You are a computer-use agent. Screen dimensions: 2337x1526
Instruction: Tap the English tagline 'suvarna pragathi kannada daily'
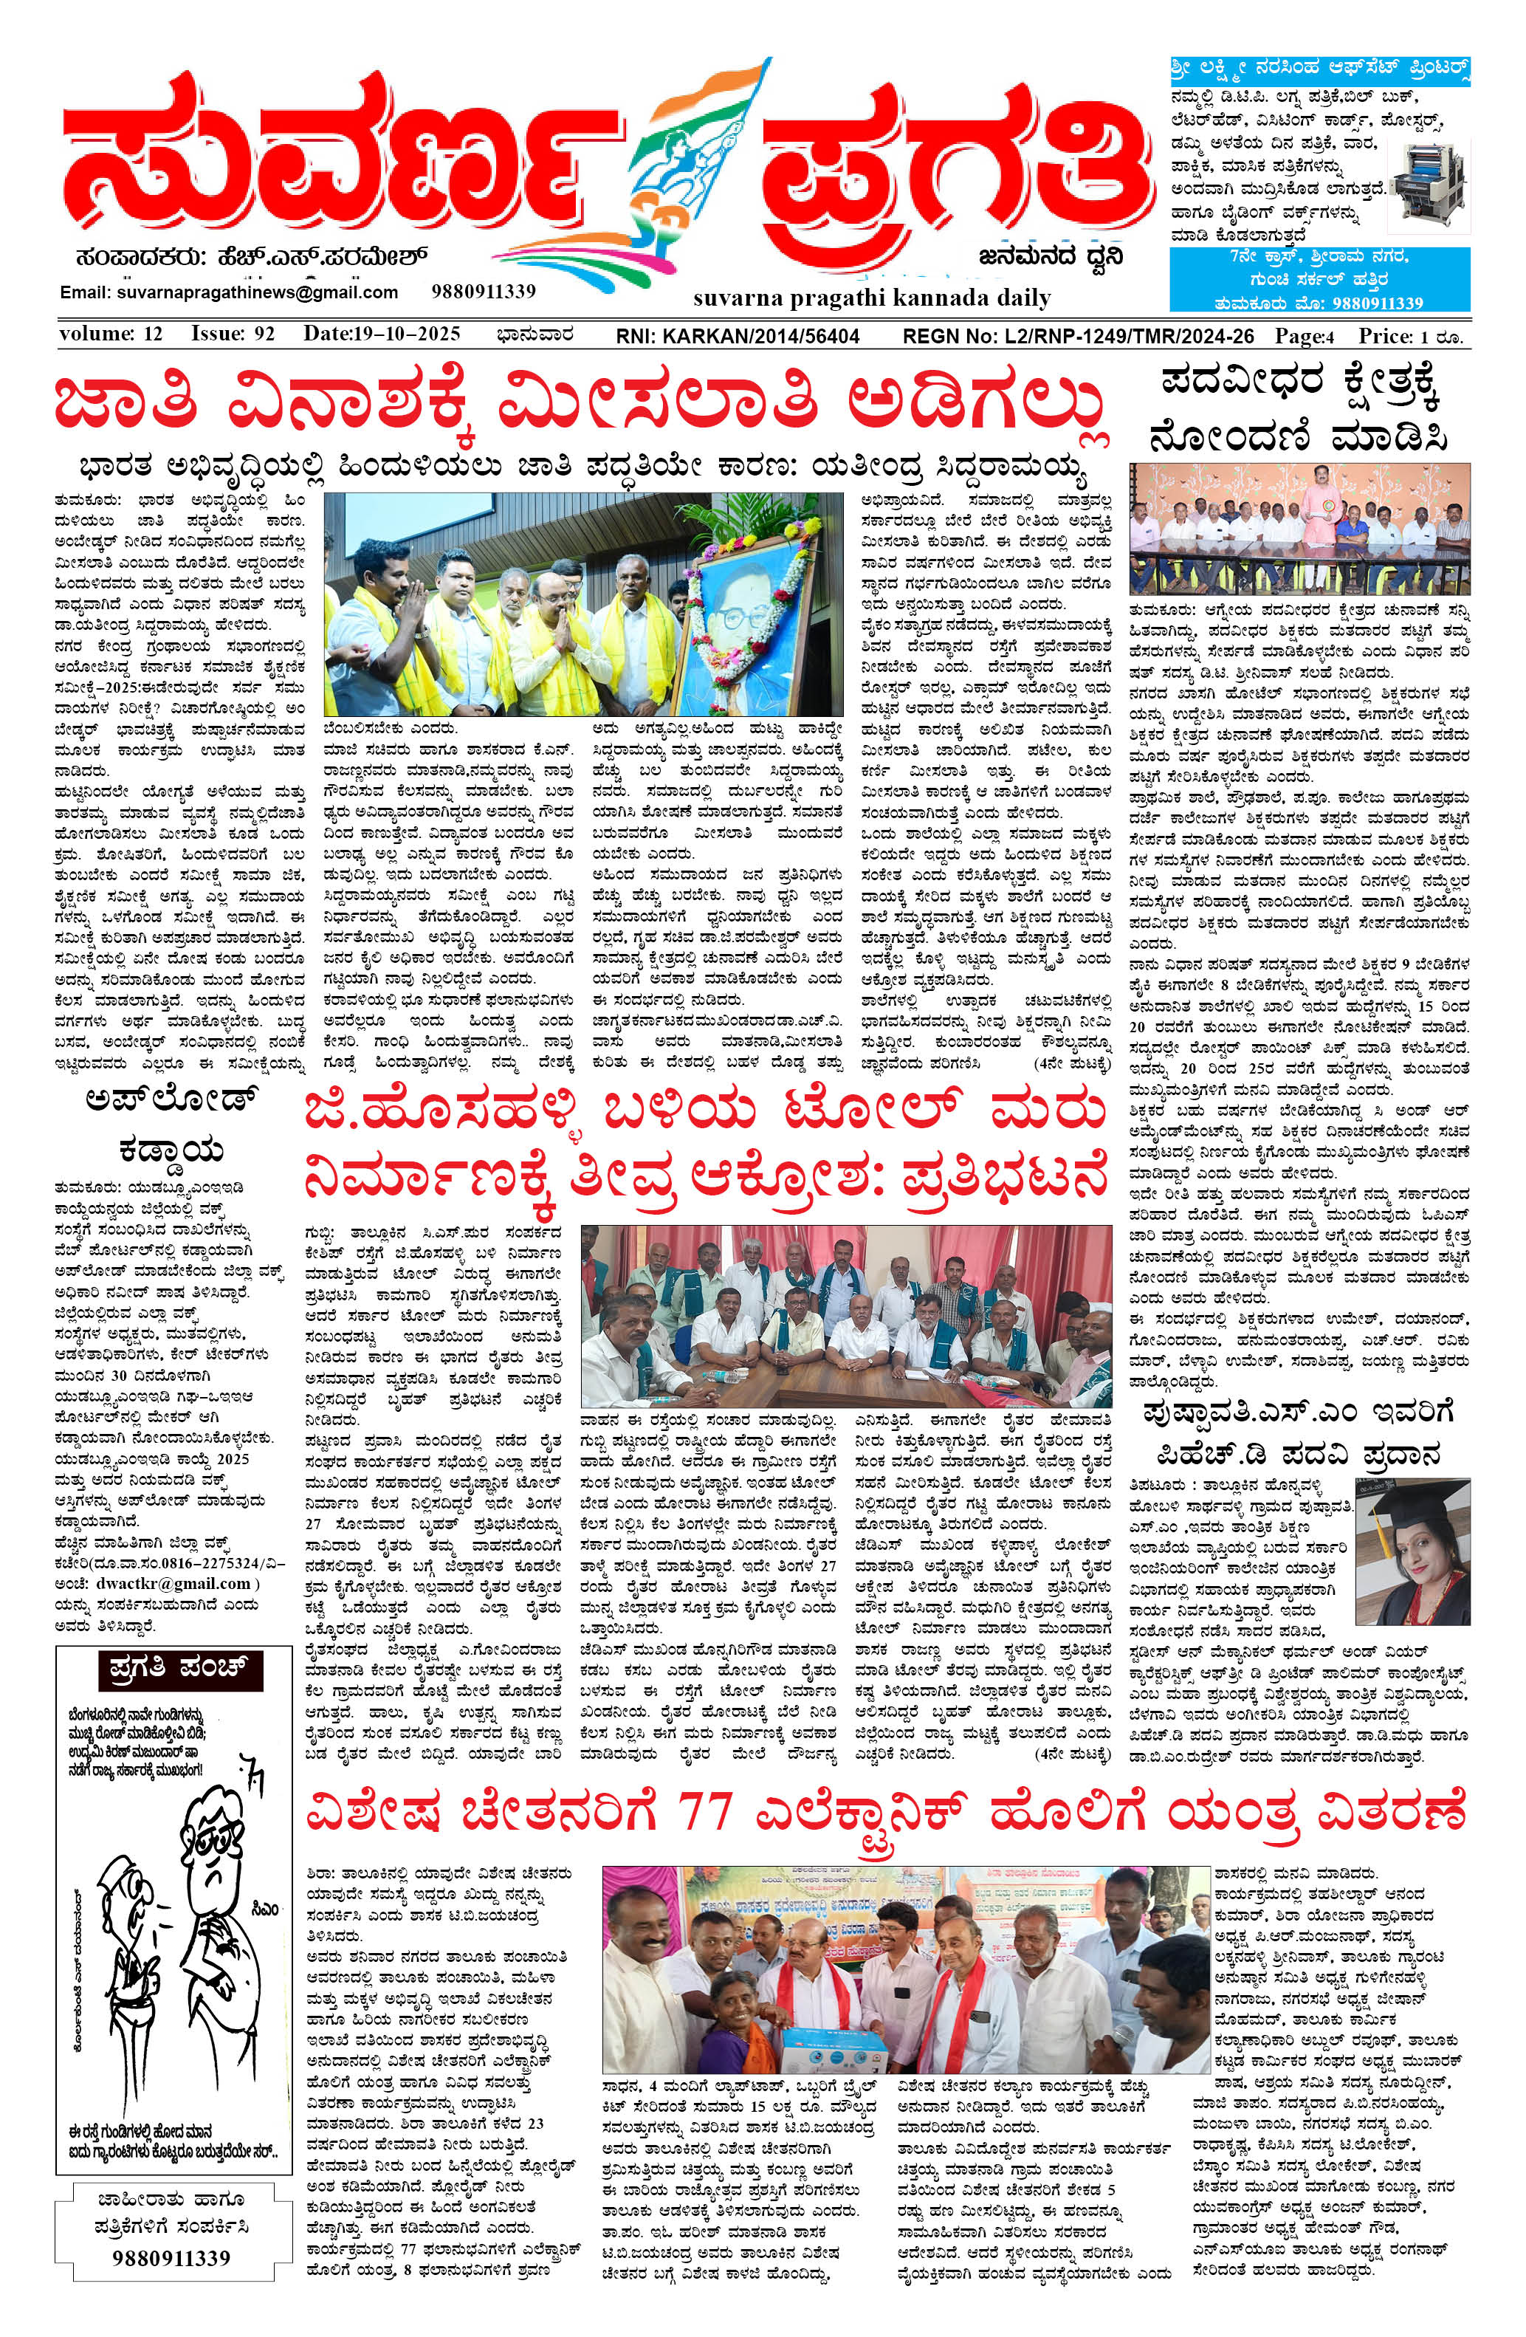(871, 298)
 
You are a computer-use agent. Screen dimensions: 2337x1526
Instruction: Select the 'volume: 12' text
(110, 334)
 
